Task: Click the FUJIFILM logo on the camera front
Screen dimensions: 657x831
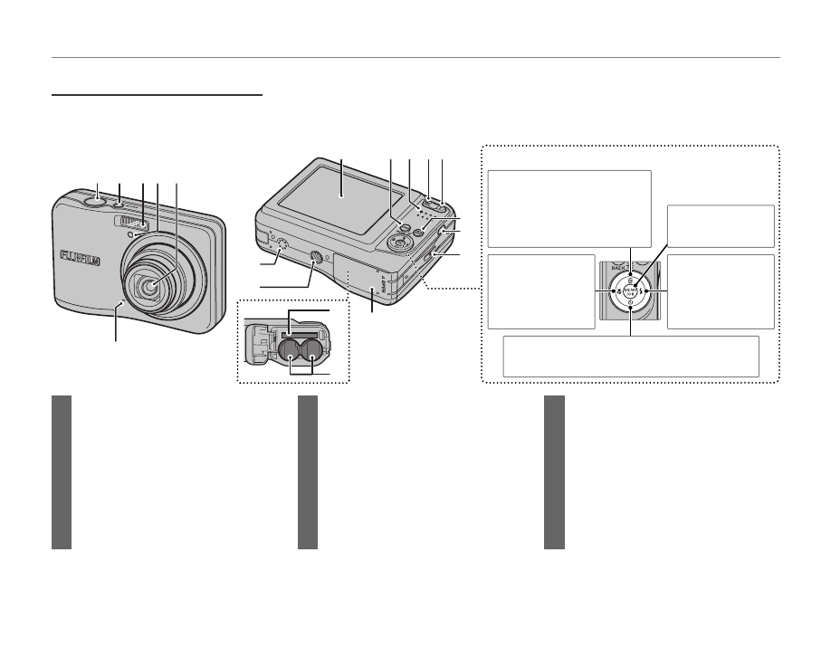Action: pos(80,257)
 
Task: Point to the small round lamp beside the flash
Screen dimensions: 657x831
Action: pos(132,236)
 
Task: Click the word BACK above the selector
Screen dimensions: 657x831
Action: pos(618,269)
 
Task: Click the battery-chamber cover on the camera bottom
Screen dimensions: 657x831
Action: pos(357,275)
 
